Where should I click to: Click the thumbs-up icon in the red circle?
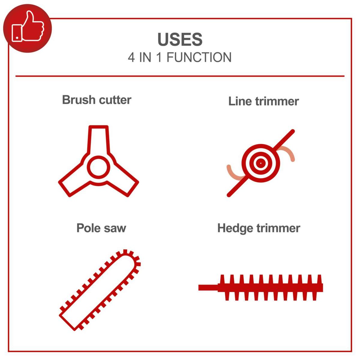pos(28,28)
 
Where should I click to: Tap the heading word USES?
pos(180,40)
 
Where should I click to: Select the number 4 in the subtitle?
pos(131,58)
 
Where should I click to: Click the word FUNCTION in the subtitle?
pos(199,58)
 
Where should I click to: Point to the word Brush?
pos(79,100)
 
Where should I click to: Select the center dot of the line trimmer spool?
pos(261,163)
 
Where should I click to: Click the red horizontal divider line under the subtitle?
pos(180,76)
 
